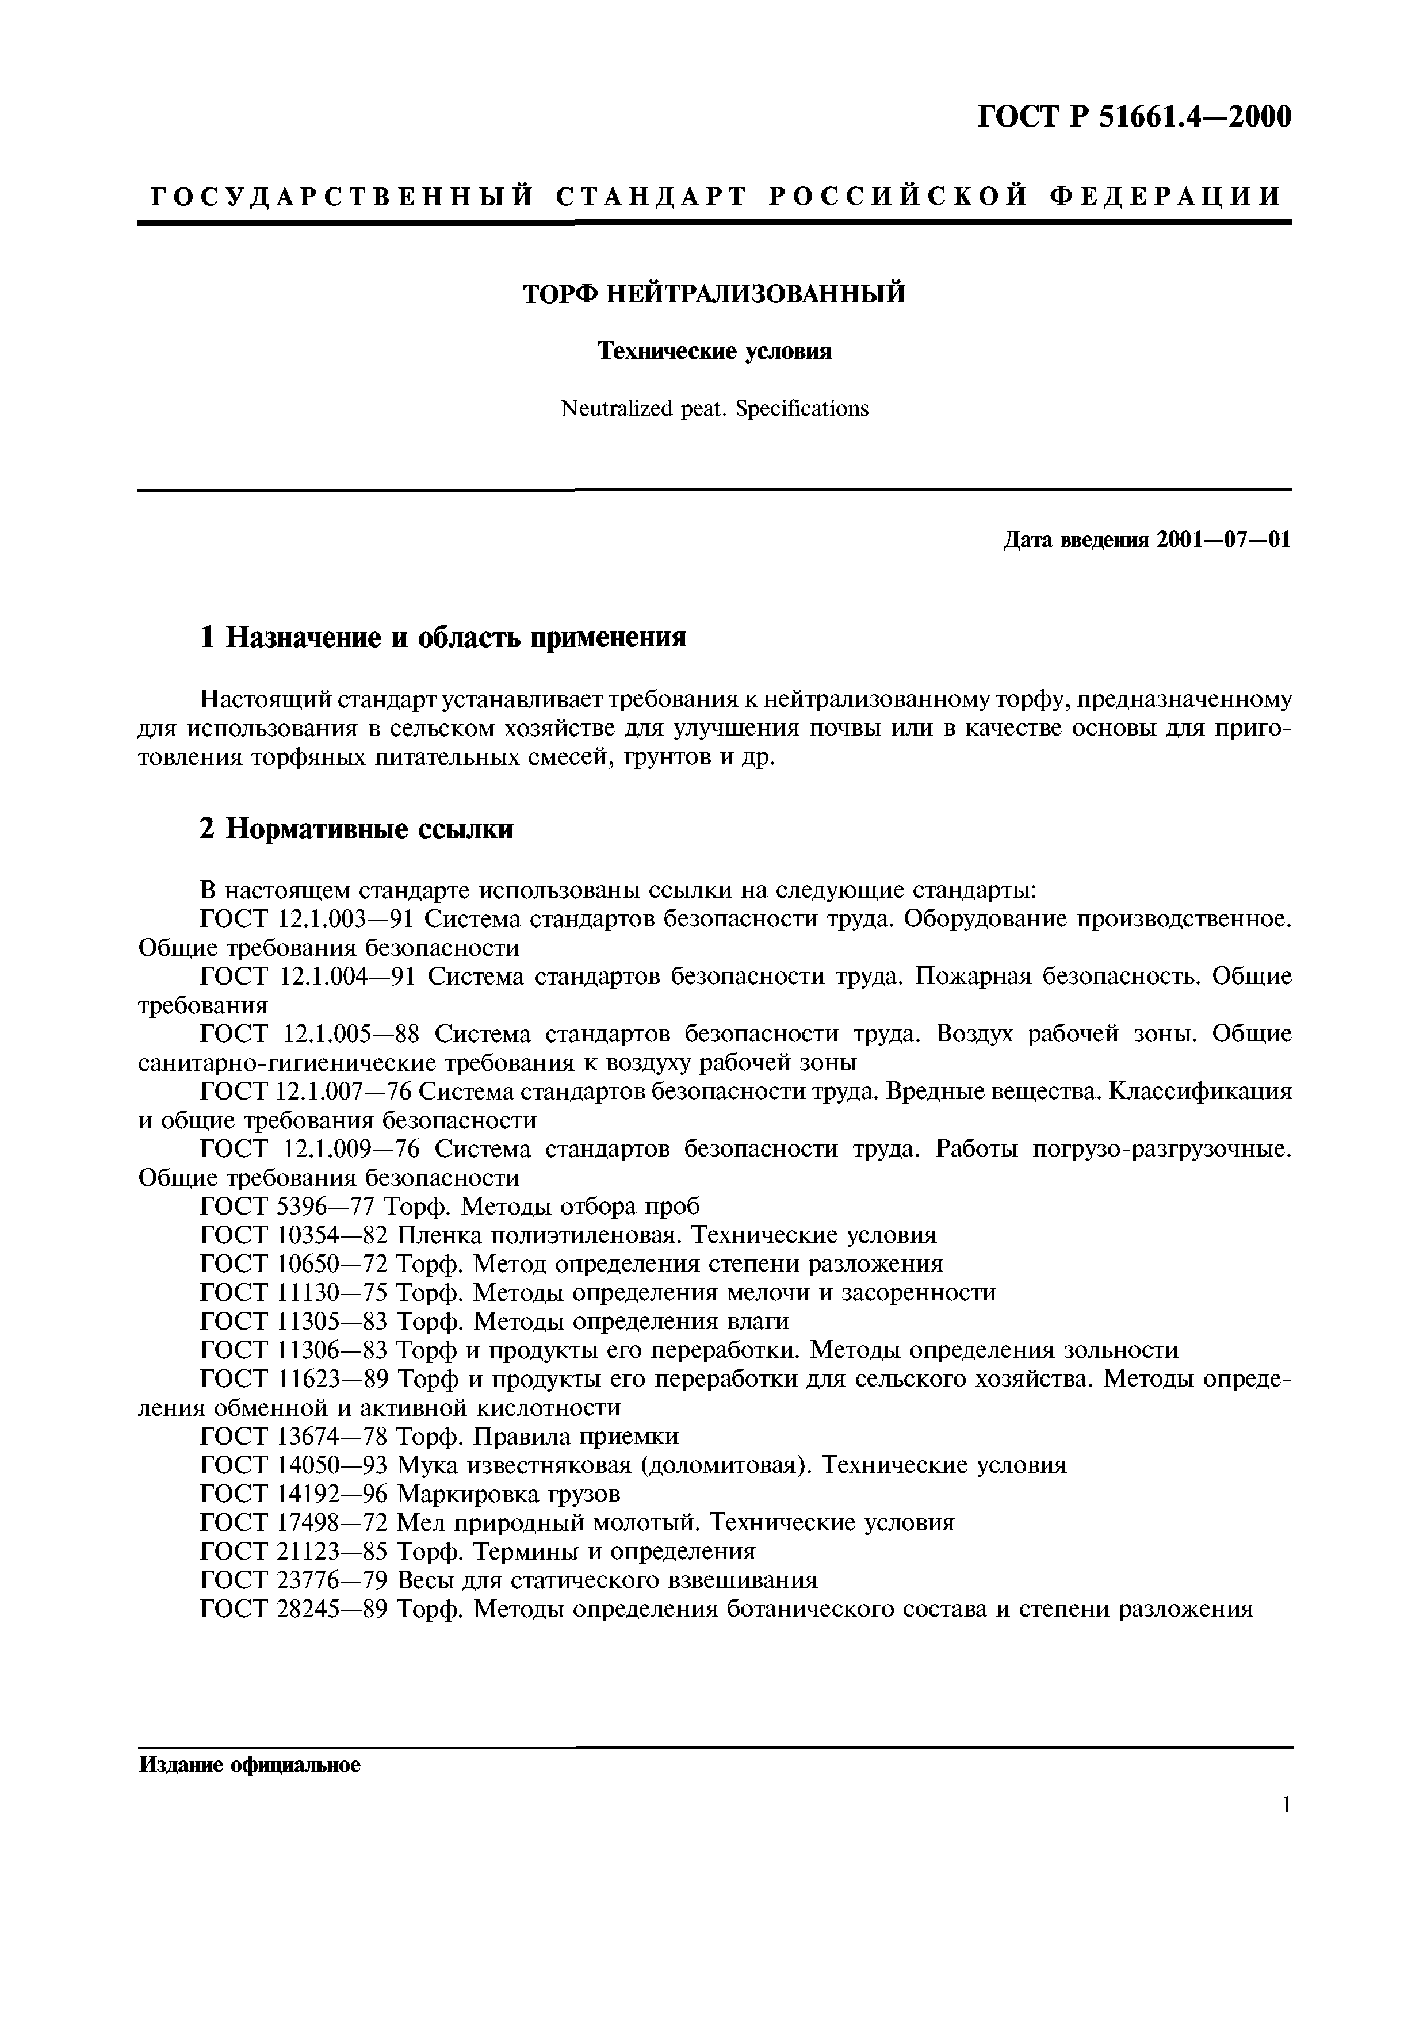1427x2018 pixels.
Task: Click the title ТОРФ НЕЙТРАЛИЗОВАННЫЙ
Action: click(x=714, y=293)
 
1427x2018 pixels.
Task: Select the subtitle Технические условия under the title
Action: click(x=714, y=351)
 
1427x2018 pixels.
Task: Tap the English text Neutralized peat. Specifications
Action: click(x=714, y=409)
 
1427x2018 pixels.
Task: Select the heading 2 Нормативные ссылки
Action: click(x=356, y=828)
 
